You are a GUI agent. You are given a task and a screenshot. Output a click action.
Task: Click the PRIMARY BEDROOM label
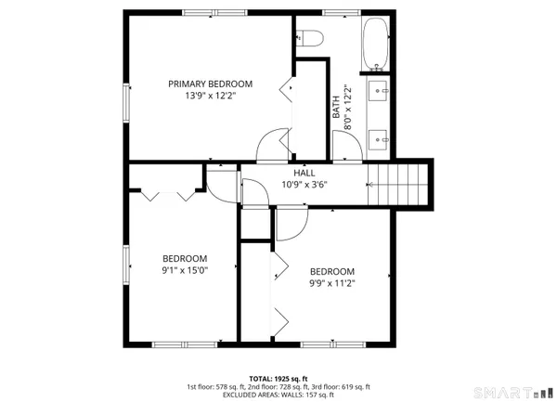pos(223,84)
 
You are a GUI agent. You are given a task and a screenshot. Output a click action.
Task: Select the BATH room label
pos(336,107)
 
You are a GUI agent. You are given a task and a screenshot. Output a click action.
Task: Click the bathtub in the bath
pos(377,44)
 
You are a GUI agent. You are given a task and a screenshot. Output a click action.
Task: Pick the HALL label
pos(304,173)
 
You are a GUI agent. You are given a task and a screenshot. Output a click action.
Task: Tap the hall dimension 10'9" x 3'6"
pos(304,184)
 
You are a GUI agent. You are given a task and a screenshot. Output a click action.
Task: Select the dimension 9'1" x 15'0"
pos(185,270)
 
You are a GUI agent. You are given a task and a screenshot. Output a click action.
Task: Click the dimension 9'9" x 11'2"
pos(332,284)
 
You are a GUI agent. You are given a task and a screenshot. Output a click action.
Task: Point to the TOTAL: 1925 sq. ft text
pos(278,379)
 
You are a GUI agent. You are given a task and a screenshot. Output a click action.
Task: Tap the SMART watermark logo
pos(510,392)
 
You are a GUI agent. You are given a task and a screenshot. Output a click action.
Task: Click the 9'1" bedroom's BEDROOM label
pos(185,258)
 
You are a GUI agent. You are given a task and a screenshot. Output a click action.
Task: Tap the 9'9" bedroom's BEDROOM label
pos(332,272)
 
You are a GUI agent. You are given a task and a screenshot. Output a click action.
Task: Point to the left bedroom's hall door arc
pos(221,185)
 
